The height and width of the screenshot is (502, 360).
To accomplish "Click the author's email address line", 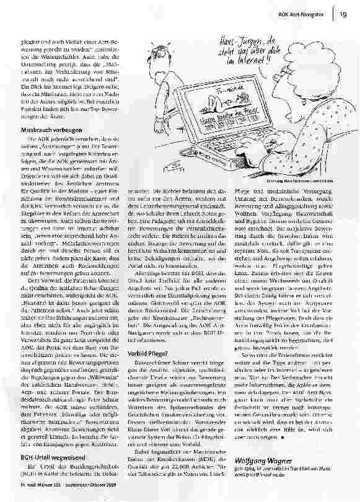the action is click(266, 479).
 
